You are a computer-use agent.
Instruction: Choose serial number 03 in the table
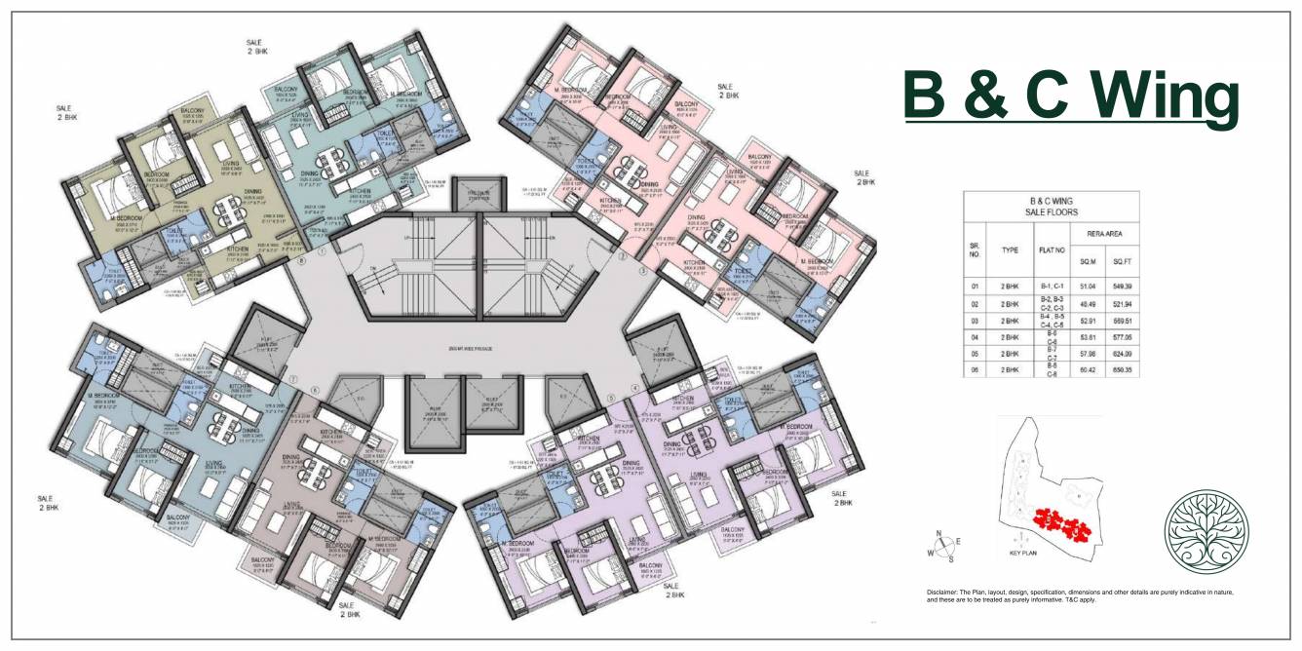975,321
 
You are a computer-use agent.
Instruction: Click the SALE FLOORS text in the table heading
1051,211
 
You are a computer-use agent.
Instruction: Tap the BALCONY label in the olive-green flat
192,112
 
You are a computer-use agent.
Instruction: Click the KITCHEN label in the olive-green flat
238,249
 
